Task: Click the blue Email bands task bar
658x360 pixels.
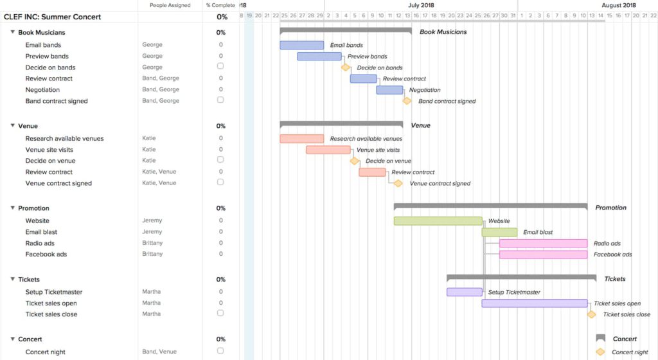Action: click(x=301, y=45)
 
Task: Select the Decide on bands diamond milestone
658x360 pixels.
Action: click(x=346, y=67)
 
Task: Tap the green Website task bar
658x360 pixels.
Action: click(x=438, y=221)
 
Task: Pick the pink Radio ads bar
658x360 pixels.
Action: click(x=543, y=243)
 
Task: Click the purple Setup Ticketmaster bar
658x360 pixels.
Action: click(x=464, y=292)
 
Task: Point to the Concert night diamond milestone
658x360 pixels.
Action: click(x=600, y=352)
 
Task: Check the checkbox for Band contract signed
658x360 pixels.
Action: click(x=220, y=100)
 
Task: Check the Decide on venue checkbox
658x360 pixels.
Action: click(x=220, y=160)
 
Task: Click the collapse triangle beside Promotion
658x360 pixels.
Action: click(x=12, y=208)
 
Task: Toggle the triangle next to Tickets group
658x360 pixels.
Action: click(x=12, y=279)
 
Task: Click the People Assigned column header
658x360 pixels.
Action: click(x=170, y=5)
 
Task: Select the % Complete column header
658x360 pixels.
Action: click(x=220, y=5)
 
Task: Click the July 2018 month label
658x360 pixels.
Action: click(x=421, y=5)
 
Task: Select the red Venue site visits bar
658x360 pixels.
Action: click(x=328, y=150)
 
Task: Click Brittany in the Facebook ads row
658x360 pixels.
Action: click(x=152, y=254)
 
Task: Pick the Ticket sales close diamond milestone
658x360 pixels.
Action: click(x=591, y=314)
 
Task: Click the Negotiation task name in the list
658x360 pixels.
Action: click(x=42, y=90)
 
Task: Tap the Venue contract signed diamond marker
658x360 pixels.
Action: click(x=398, y=183)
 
